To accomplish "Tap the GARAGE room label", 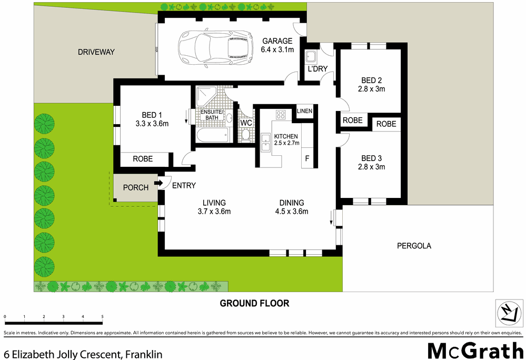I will coord(277,41).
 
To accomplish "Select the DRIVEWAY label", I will coord(96,52).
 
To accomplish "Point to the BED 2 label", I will coord(371,81).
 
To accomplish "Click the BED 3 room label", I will coord(371,158).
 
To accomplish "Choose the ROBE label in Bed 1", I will coord(143,158).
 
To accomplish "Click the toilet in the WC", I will coord(246,135).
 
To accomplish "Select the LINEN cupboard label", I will coord(305,111).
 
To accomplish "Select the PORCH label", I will coord(135,187).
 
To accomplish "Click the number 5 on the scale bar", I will coord(102,316).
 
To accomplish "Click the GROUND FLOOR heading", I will coord(254,303).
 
